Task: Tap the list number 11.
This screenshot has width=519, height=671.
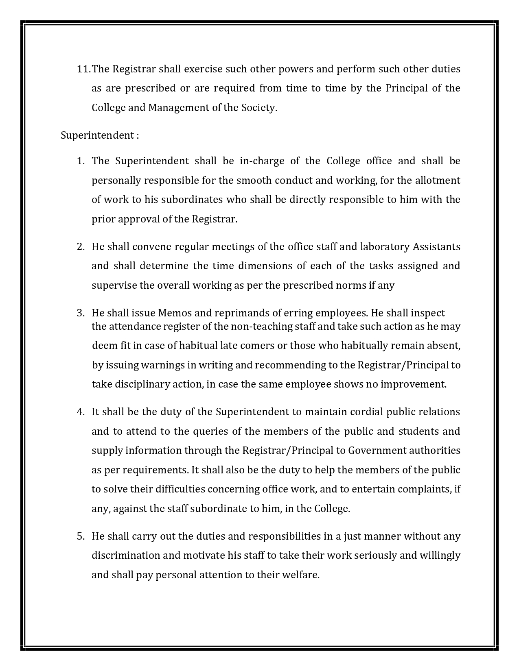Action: tap(83, 69)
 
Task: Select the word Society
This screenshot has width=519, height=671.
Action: tap(259, 108)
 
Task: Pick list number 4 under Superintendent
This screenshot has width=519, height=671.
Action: tap(80, 412)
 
